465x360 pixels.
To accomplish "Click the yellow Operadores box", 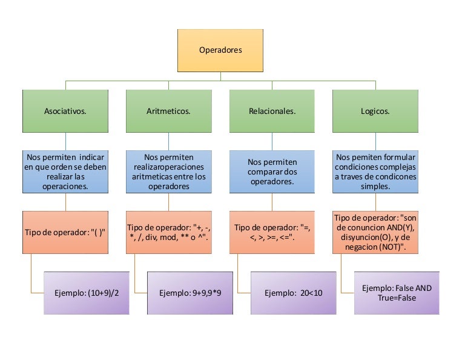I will coord(220,50).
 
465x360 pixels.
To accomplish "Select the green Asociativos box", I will coord(65,111).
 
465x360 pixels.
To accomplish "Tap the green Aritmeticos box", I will coord(168,111).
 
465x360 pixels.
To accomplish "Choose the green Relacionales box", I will coord(272,111).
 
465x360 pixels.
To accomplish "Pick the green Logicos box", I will coord(375,111).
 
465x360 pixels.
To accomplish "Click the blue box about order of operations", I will coord(65,172).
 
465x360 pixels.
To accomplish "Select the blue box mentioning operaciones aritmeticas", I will coord(168,172).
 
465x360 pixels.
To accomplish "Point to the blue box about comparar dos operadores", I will coord(272,172).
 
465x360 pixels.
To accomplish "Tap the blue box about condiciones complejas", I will coord(375,172).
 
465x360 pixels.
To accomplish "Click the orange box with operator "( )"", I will coord(65,232).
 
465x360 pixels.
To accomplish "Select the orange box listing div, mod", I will coord(168,232).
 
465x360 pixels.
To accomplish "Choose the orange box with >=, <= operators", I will coord(272,232).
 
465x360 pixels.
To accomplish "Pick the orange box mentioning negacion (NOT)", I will coord(375,232).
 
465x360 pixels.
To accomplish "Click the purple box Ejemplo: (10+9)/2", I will coord(87,293).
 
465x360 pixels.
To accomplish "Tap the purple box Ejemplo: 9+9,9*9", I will coord(190,293).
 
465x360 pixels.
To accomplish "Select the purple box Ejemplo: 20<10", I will coord(294,293).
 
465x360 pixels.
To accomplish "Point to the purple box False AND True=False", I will coord(397,293).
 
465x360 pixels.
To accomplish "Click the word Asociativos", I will coord(65,112).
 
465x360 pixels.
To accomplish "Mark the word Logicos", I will coord(375,112).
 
